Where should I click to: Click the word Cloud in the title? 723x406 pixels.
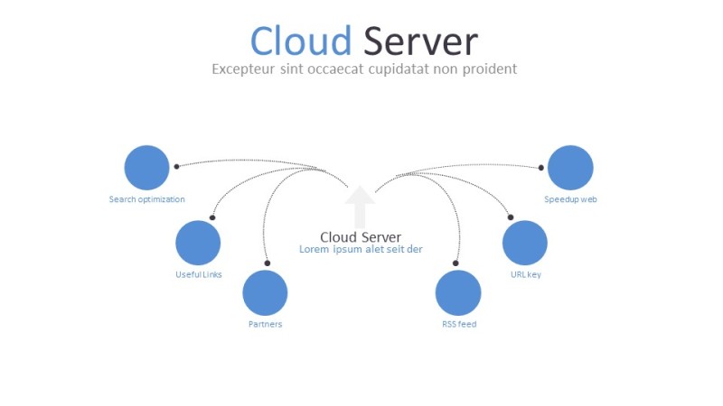[x=300, y=42]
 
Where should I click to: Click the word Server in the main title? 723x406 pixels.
[x=420, y=42]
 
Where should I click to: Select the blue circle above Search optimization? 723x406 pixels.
[x=146, y=168]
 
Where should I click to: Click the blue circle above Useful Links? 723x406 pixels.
[x=198, y=243]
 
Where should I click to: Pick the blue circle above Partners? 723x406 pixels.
[x=265, y=292]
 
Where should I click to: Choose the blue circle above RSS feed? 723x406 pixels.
[x=458, y=292]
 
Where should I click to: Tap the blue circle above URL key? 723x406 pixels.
[x=525, y=243]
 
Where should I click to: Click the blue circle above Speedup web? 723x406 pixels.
[x=570, y=168]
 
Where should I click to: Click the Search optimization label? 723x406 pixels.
[x=146, y=199]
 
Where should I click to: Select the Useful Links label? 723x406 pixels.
[x=198, y=274]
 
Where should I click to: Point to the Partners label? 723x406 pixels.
[x=265, y=324]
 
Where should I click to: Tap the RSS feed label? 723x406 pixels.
[x=458, y=324]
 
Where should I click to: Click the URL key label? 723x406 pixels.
[x=525, y=274]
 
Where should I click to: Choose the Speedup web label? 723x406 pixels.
[x=570, y=199]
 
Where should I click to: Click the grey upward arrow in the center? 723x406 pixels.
[x=360, y=206]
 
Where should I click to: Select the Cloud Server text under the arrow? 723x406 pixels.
[x=361, y=237]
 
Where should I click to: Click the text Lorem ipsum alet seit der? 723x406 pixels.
[x=361, y=250]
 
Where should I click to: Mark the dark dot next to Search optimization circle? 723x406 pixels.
[x=176, y=166]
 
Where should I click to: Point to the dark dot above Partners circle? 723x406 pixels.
[x=267, y=263]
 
